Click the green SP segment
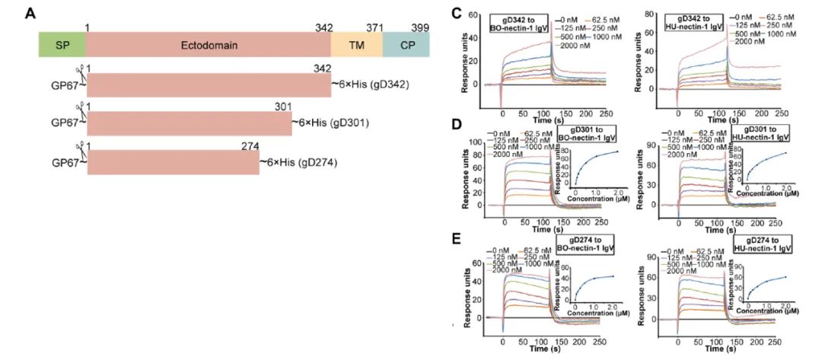pyautogui.click(x=62, y=45)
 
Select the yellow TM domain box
pyautogui.click(x=356, y=45)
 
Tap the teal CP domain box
pyautogui.click(x=406, y=45)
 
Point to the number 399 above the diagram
pyautogui.click(x=419, y=27)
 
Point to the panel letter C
pyautogui.click(x=455, y=12)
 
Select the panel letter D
pyautogui.click(x=456, y=123)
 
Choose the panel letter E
pyautogui.click(x=456, y=239)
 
